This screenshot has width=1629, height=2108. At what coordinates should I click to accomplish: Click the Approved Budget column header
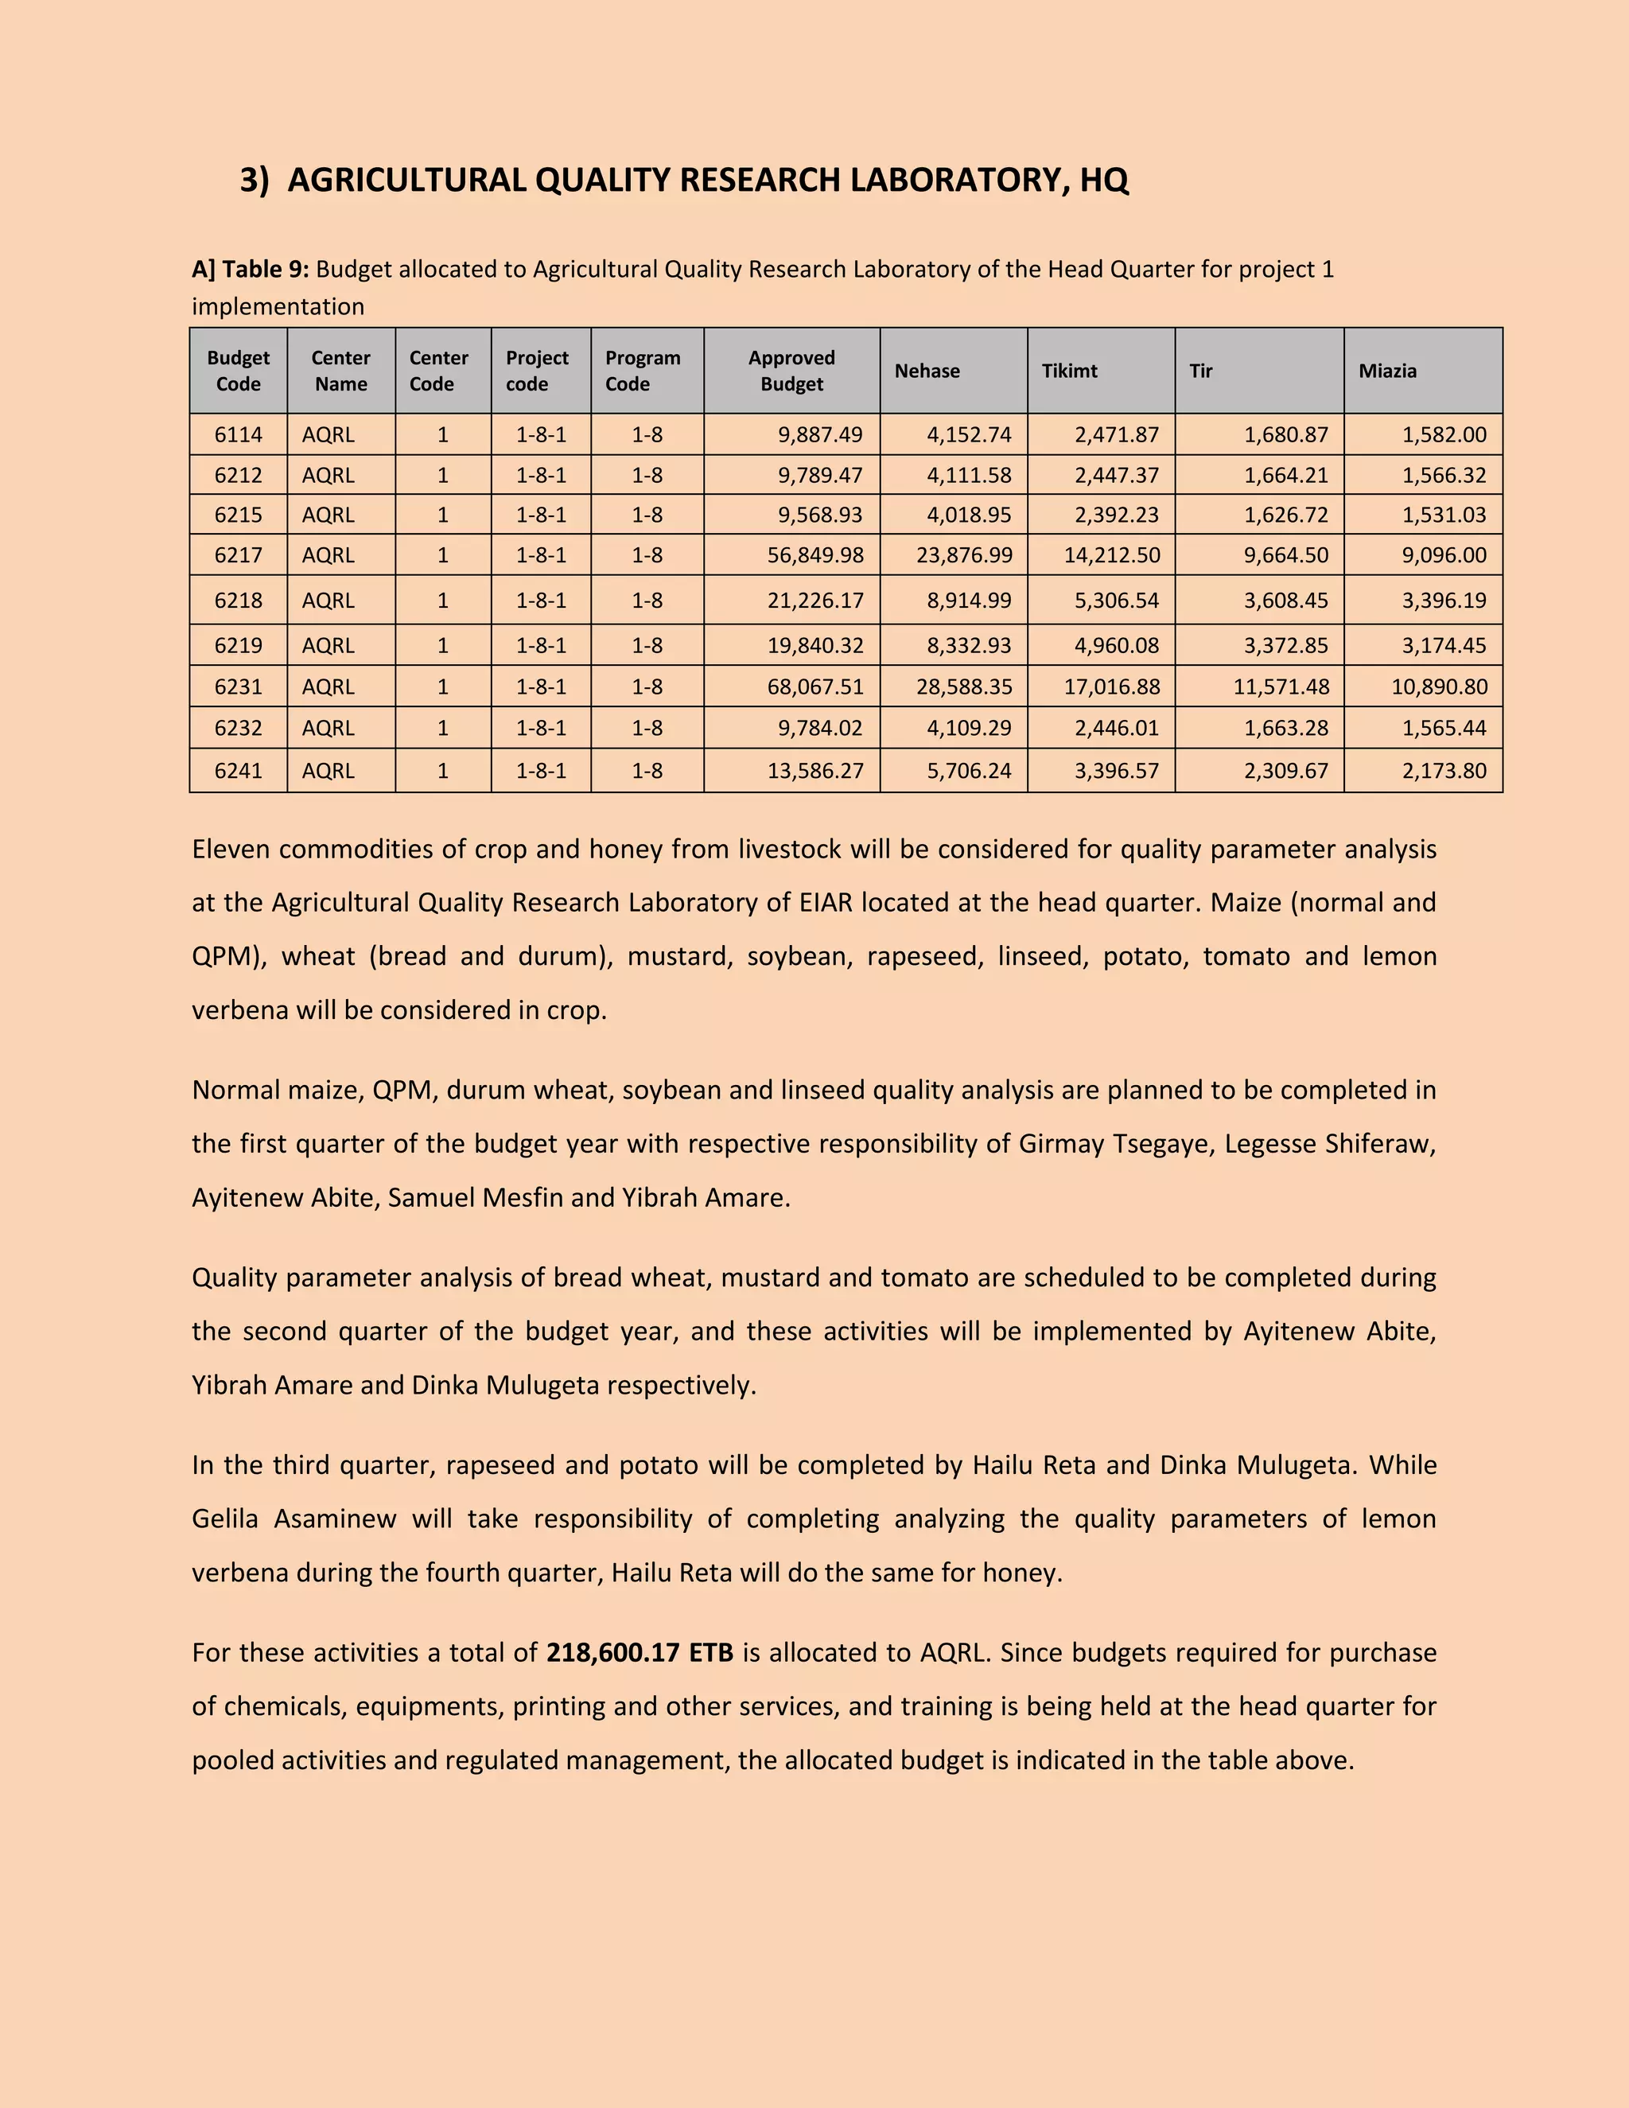tap(791, 371)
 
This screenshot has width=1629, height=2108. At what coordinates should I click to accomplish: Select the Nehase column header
tap(927, 371)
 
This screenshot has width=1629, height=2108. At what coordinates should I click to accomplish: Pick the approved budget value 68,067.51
tap(814, 687)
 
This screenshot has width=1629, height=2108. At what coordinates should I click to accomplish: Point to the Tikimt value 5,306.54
tap(1117, 601)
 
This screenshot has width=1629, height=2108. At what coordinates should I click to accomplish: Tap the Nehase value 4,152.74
tap(969, 434)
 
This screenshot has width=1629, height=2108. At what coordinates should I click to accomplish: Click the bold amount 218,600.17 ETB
tap(640, 1652)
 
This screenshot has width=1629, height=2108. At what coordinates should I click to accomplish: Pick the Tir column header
tap(1200, 371)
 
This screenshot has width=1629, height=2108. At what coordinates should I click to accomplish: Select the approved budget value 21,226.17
tap(814, 601)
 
